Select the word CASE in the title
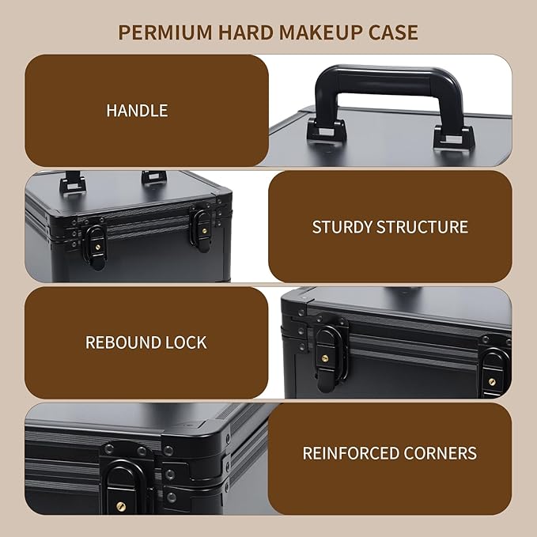click(x=393, y=32)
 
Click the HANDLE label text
click(x=137, y=111)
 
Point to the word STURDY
click(x=342, y=227)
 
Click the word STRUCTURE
click(x=422, y=227)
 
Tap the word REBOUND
click(x=123, y=342)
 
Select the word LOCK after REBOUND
click(x=186, y=342)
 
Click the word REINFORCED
click(x=350, y=453)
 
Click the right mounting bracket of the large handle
click(x=454, y=138)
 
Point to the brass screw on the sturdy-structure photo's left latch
click(x=98, y=247)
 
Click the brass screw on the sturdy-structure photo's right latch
click(x=205, y=231)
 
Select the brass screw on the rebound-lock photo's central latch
click(x=324, y=358)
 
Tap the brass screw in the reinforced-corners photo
click(x=120, y=506)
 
